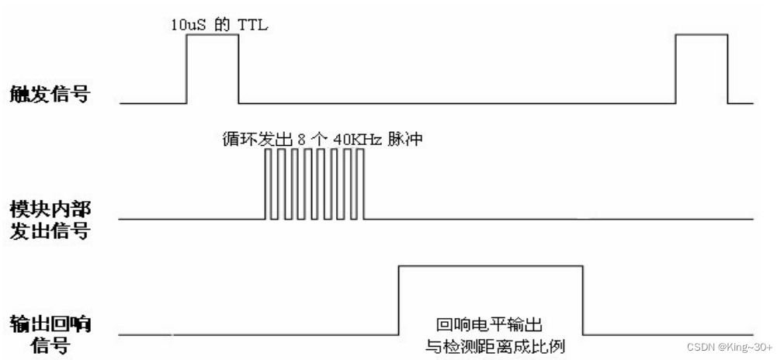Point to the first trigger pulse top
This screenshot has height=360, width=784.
(x=212, y=35)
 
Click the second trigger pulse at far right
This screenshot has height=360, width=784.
(x=702, y=35)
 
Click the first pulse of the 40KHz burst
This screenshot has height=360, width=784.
(x=269, y=185)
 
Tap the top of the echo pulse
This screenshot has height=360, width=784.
(x=490, y=266)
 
